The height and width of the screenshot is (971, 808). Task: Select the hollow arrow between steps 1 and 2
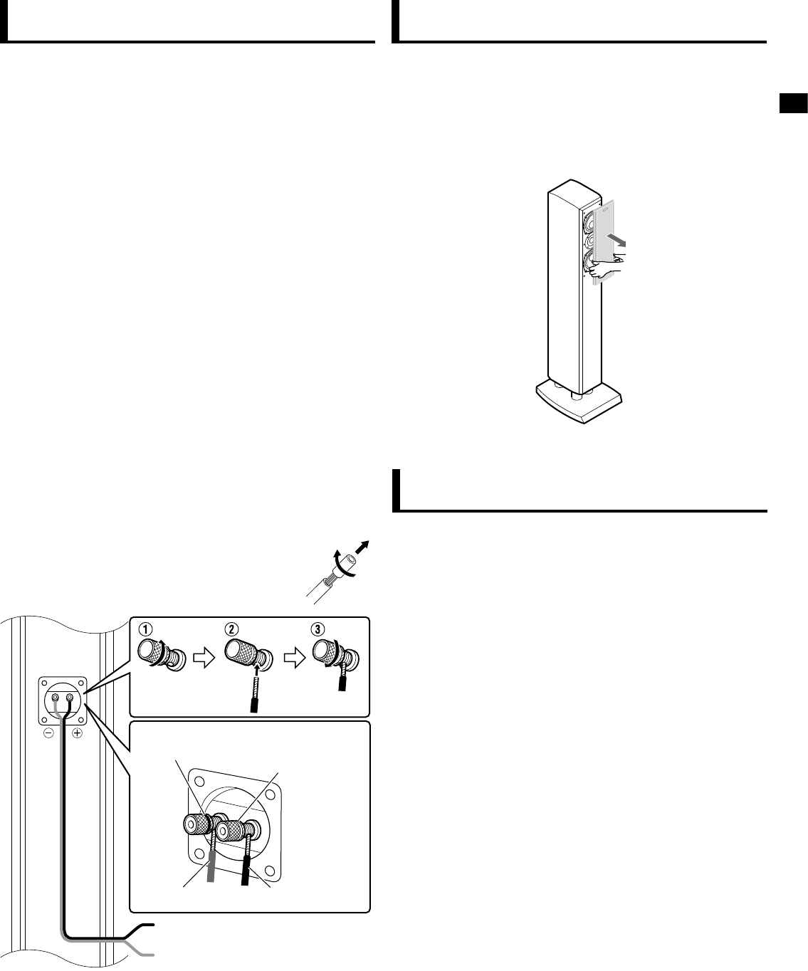click(x=204, y=659)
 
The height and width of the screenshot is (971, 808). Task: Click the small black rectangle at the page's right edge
click(x=792, y=104)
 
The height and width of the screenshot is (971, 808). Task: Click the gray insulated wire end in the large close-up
click(x=211, y=870)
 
